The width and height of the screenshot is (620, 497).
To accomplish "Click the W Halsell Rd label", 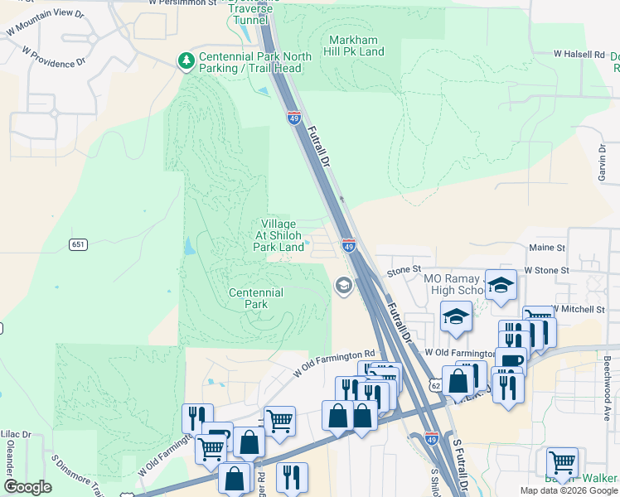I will pos(579,54).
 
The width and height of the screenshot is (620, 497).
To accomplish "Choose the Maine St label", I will pos(546,248).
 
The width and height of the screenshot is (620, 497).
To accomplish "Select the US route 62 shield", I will pos(435,386).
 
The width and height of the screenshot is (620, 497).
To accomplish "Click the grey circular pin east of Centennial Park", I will pos(342,286).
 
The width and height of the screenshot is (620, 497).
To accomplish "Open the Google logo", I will pos(27,487).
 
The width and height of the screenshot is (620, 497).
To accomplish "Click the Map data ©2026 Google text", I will pos(568,490).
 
